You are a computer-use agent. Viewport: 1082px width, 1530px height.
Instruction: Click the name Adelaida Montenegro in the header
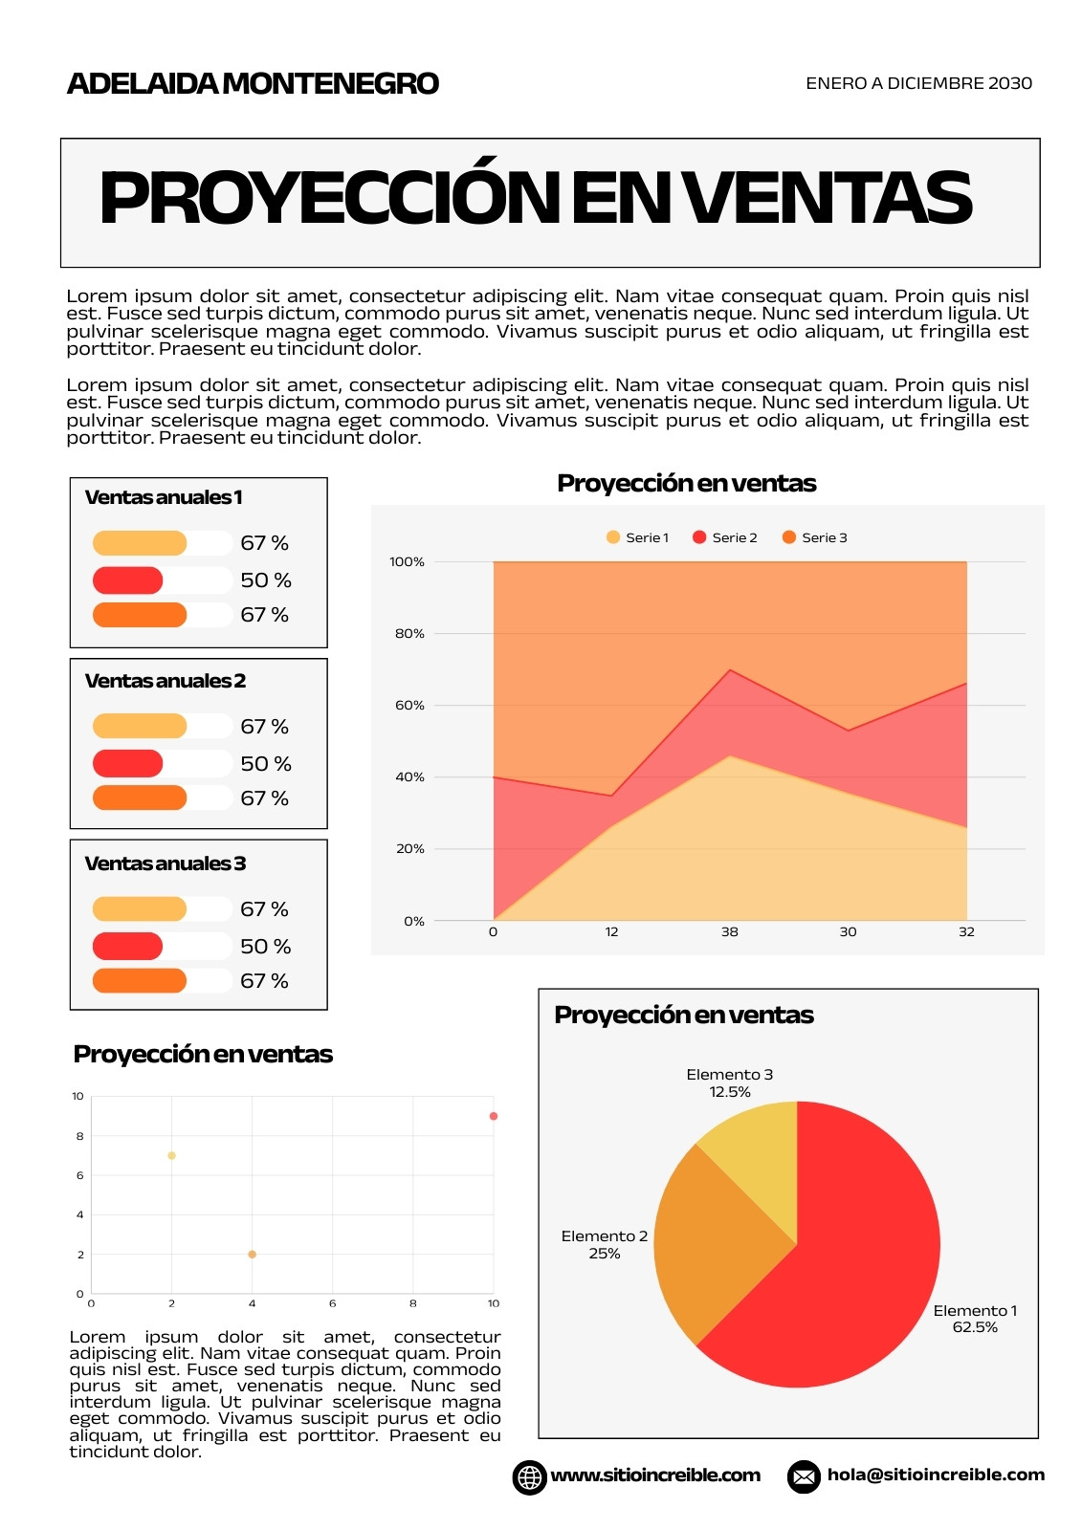pyautogui.click(x=253, y=83)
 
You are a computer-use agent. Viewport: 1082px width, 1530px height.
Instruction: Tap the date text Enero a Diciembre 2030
pyautogui.click(x=918, y=83)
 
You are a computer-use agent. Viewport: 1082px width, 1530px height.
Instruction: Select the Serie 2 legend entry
pyautogui.click(x=724, y=537)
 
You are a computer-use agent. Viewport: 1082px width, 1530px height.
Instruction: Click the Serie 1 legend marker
pyautogui.click(x=612, y=537)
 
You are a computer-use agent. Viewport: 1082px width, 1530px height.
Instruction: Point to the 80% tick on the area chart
pyautogui.click(x=409, y=633)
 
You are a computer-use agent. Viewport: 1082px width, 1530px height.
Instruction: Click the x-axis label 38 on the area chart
pyautogui.click(x=729, y=931)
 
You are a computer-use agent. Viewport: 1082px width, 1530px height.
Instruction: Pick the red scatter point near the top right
pyautogui.click(x=494, y=1116)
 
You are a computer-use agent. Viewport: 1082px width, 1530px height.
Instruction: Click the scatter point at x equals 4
pyautogui.click(x=252, y=1254)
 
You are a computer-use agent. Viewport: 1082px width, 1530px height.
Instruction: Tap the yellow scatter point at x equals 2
pyautogui.click(x=171, y=1156)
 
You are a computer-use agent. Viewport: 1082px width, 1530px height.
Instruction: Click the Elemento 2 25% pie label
pyautogui.click(x=605, y=1244)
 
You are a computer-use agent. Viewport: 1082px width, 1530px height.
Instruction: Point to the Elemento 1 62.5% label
pyautogui.click(x=975, y=1319)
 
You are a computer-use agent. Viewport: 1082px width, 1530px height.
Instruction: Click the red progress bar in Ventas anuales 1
pyautogui.click(x=128, y=580)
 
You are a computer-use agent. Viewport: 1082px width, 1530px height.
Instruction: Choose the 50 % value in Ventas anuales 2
pyautogui.click(x=266, y=764)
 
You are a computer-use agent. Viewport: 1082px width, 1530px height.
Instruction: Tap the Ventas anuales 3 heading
pyautogui.click(x=166, y=863)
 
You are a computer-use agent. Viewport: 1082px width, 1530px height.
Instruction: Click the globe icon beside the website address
pyautogui.click(x=529, y=1477)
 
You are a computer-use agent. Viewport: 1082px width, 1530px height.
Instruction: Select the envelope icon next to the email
pyautogui.click(x=804, y=1476)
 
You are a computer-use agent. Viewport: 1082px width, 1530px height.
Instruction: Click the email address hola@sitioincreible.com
pyautogui.click(x=936, y=1475)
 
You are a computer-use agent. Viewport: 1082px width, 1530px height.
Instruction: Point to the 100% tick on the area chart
pyautogui.click(x=407, y=561)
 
